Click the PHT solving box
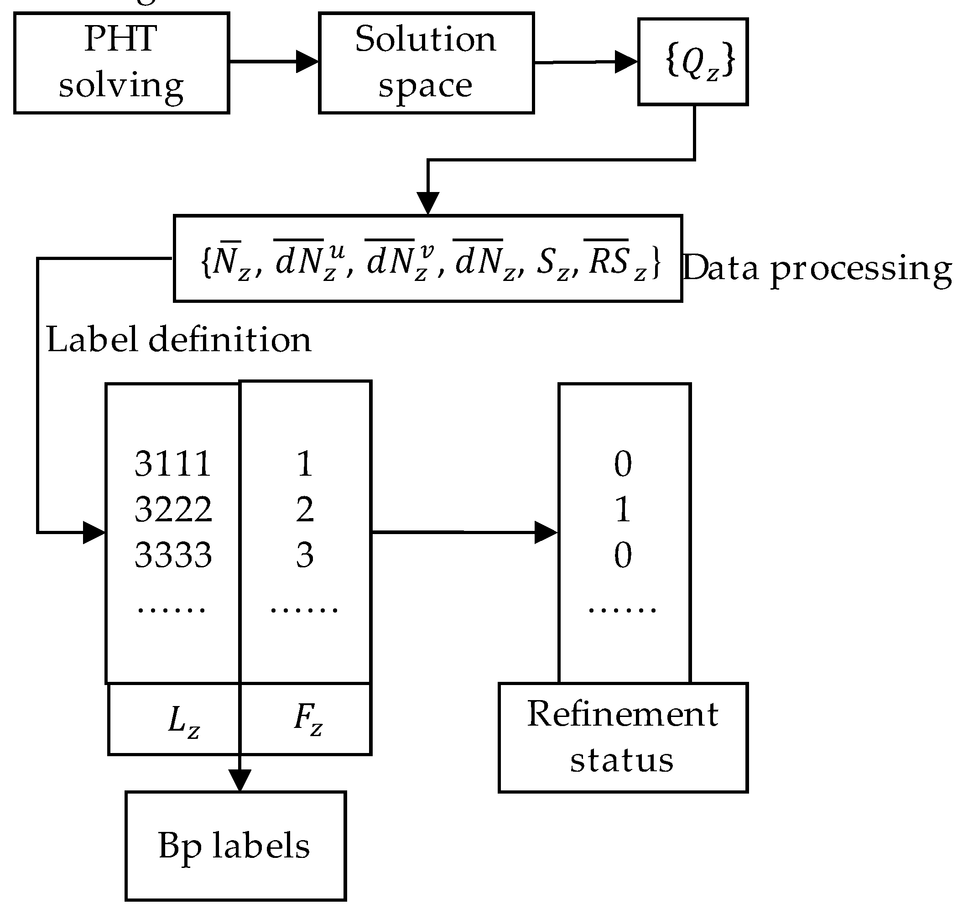coord(121,63)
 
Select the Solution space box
coord(426,63)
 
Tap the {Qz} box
coord(692,62)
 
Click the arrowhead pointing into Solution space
coord(307,62)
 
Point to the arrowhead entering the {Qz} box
coord(626,62)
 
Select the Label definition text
coord(178,340)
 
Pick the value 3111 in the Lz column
coord(173,463)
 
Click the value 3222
coord(173,509)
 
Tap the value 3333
coord(173,555)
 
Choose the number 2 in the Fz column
coord(305,509)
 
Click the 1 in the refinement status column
coord(623,509)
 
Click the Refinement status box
coord(622,737)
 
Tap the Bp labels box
coord(235,846)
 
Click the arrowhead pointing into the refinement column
coord(546,532)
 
